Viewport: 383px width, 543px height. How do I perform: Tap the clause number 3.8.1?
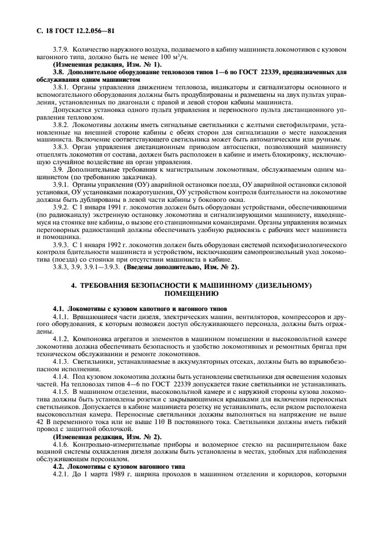[61, 85]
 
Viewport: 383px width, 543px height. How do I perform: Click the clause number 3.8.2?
[61, 125]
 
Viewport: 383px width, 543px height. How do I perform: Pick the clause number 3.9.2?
[61, 205]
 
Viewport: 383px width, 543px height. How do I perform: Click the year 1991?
[110, 205]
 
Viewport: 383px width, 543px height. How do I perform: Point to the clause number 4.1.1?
[61, 317]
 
